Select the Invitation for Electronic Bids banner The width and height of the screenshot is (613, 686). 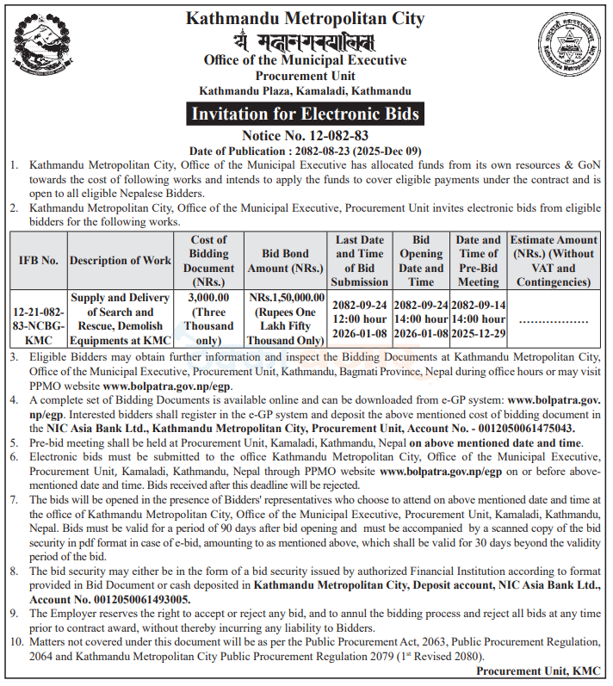[x=305, y=114]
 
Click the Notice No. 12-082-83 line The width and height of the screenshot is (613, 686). [x=305, y=135]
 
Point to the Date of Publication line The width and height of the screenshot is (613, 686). [x=305, y=150]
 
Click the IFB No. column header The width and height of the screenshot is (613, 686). [x=38, y=260]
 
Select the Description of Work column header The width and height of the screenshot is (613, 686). [x=121, y=260]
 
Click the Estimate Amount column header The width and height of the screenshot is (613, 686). [x=554, y=260]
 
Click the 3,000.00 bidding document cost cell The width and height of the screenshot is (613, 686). [x=209, y=319]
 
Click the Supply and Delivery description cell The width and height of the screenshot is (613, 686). [x=121, y=319]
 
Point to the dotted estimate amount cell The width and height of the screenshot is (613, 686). [x=554, y=320]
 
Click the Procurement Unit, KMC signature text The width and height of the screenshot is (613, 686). [x=542, y=671]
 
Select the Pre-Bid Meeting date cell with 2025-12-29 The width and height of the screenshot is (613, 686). [x=478, y=319]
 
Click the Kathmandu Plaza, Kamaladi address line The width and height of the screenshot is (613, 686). [x=305, y=90]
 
